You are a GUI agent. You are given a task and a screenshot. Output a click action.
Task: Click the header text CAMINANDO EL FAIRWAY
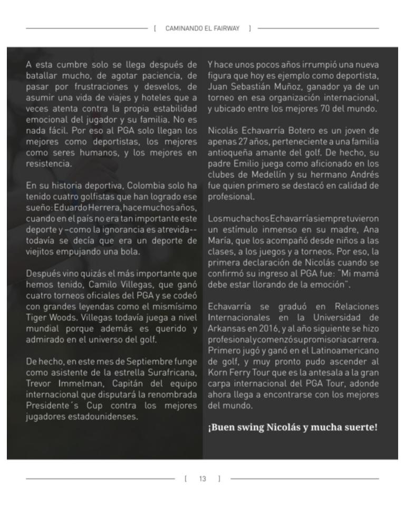202,27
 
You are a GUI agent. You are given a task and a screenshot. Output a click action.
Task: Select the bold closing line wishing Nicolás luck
293,426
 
